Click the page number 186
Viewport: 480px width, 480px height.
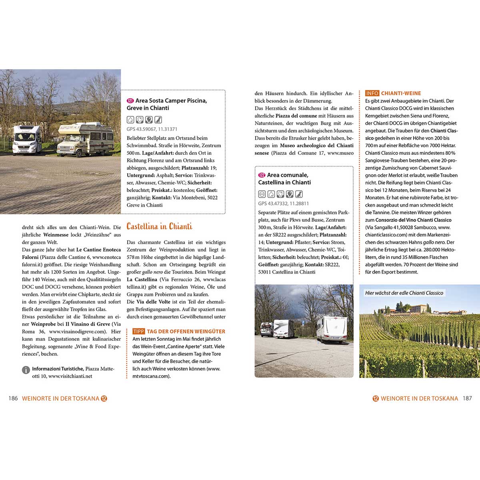[13, 398]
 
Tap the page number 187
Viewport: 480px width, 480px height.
[467, 398]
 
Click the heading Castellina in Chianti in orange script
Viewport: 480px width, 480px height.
[159, 226]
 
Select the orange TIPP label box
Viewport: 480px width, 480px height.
[138, 332]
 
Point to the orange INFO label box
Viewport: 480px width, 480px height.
[372, 93]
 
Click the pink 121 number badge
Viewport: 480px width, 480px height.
[130, 101]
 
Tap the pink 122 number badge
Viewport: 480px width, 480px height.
[262, 175]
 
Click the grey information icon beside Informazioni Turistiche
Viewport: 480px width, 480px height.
[26, 370]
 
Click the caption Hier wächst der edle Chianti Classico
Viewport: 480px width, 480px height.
[404, 293]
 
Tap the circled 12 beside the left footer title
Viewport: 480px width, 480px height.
[104, 398]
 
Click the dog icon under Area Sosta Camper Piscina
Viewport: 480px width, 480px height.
[158, 120]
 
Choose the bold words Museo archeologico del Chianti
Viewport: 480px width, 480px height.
[317, 146]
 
